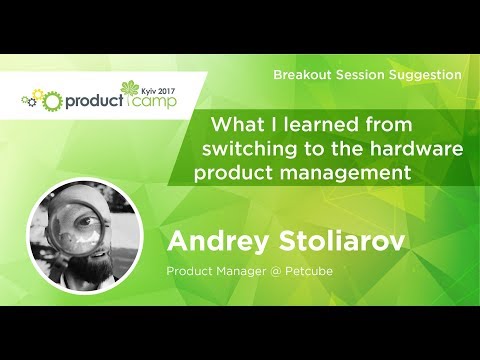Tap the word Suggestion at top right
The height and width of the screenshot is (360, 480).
pyautogui.click(x=425, y=75)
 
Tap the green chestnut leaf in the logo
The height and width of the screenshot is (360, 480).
pyautogui.click(x=133, y=87)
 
